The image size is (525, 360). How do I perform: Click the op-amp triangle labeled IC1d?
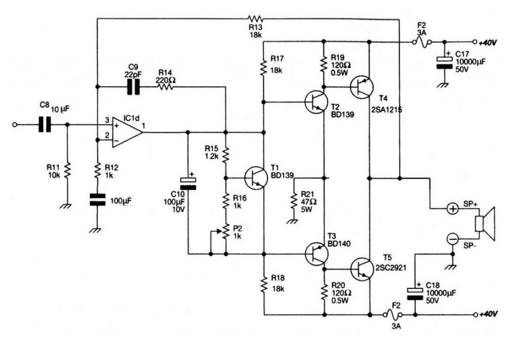point(127,132)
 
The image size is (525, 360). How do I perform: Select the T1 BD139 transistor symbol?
point(256,178)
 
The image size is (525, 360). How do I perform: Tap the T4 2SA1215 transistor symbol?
point(361,87)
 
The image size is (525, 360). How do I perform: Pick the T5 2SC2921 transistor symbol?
point(362,269)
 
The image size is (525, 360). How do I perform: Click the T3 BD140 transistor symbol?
point(316,254)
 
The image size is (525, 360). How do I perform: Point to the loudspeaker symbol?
point(485,224)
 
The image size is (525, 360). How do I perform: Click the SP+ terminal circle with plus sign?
point(453,209)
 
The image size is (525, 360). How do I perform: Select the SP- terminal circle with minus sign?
point(453,239)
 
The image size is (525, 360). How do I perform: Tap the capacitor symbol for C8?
point(45,125)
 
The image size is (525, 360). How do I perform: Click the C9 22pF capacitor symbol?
point(133,87)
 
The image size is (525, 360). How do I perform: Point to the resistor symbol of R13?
point(256,18)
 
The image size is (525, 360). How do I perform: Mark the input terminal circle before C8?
point(14,125)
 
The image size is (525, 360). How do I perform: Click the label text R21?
point(308,194)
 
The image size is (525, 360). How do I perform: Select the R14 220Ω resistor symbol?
point(166,87)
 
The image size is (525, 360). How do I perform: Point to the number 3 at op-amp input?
point(107,120)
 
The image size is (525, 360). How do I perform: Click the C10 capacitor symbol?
point(188,184)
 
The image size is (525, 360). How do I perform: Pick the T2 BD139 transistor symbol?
point(316,102)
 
